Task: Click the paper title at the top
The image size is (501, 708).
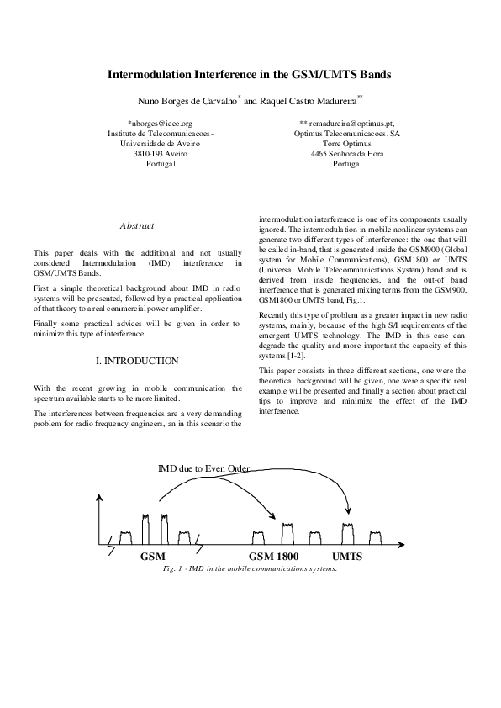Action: pos(249,75)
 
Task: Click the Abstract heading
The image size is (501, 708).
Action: pos(137,226)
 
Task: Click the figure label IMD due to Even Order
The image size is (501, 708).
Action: pos(203,468)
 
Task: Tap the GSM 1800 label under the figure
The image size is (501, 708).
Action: pos(275,557)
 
